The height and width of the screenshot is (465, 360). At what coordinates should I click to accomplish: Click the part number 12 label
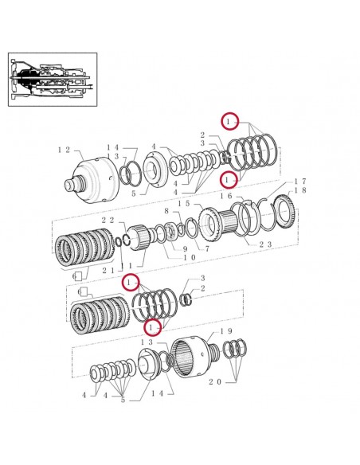(x=66, y=150)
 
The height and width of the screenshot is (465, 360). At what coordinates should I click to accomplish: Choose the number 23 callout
(x=265, y=245)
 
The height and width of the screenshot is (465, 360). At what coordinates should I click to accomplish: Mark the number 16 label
(x=226, y=196)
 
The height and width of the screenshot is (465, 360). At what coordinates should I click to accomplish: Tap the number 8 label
(x=166, y=211)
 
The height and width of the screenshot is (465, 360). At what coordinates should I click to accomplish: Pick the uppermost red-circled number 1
(x=230, y=121)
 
